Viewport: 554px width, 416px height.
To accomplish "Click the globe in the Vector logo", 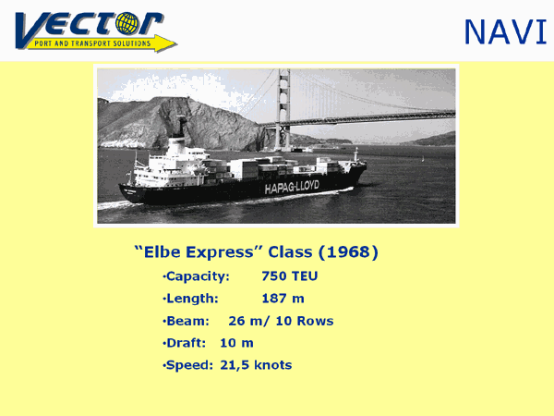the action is click(x=127, y=23).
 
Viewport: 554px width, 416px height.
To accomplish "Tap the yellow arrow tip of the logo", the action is click(x=175, y=44).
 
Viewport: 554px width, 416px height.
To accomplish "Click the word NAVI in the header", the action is click(x=506, y=32).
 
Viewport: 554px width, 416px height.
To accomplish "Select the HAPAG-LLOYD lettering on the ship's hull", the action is click(x=292, y=187).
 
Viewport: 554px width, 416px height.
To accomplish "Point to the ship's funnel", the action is click(x=181, y=126).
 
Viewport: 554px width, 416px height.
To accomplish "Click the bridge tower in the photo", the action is click(x=283, y=110).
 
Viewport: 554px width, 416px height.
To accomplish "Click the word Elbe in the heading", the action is click(x=163, y=251).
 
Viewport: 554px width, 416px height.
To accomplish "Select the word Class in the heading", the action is click(x=290, y=251).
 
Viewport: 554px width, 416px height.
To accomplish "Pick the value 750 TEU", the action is click(x=290, y=275).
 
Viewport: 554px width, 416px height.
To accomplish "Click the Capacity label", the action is click(x=198, y=276).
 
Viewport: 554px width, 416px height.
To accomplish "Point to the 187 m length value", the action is click(x=283, y=299).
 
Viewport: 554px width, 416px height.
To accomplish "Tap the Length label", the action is click(x=192, y=299).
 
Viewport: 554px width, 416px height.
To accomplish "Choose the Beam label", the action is click(x=187, y=321).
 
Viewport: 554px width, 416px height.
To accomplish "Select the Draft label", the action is click(x=186, y=343).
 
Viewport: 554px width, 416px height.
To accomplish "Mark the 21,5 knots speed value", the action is click(x=256, y=365).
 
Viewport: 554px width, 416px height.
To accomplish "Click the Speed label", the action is click(x=189, y=366).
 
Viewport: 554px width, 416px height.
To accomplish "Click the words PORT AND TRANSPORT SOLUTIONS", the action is click(x=92, y=43).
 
